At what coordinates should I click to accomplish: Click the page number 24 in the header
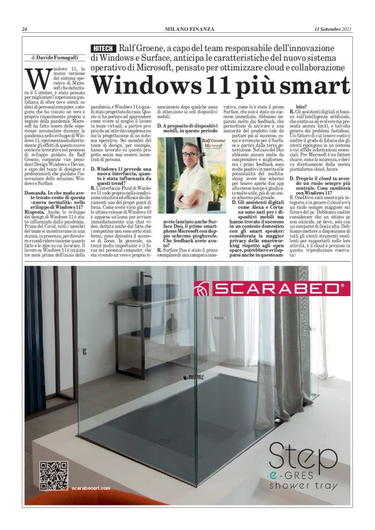click(25, 29)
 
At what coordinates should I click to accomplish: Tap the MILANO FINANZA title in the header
click(187, 29)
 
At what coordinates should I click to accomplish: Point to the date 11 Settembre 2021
click(333, 29)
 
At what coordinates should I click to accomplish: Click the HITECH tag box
click(103, 48)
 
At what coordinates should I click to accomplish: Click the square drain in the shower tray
click(161, 442)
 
